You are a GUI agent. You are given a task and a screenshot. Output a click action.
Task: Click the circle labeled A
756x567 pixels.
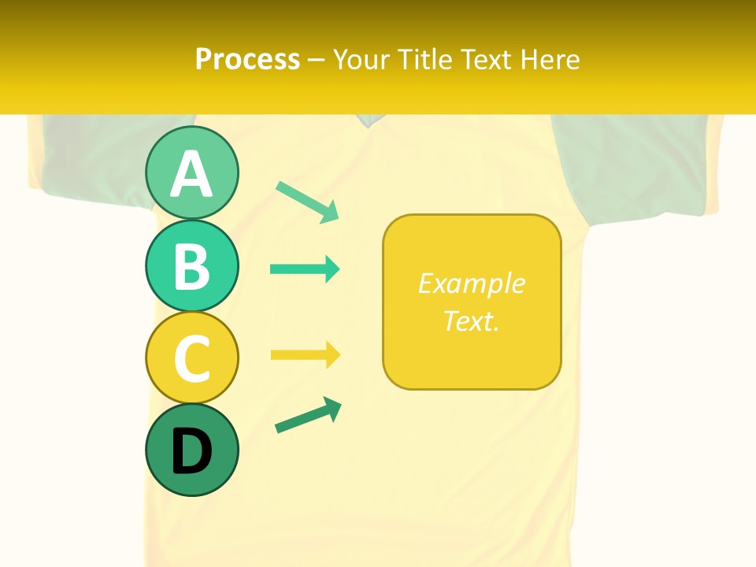pos(191,173)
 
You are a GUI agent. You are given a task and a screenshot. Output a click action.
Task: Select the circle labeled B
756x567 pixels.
pos(191,265)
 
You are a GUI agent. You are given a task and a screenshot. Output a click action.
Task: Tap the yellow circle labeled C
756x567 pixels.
pos(191,358)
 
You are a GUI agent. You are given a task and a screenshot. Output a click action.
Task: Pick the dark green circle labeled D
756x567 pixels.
pos(191,450)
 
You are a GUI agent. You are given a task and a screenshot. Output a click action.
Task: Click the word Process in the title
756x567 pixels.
pos(247,59)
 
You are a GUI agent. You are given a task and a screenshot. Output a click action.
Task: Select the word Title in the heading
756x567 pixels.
pos(425,59)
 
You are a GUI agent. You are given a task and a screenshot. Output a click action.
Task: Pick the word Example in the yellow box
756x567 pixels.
pos(472,283)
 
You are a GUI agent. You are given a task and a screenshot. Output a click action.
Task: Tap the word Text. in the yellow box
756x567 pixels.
pos(472,321)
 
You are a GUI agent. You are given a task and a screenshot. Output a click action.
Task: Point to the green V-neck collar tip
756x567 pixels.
pos(367,120)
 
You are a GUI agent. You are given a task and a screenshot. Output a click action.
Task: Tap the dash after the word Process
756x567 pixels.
pos(317,60)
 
